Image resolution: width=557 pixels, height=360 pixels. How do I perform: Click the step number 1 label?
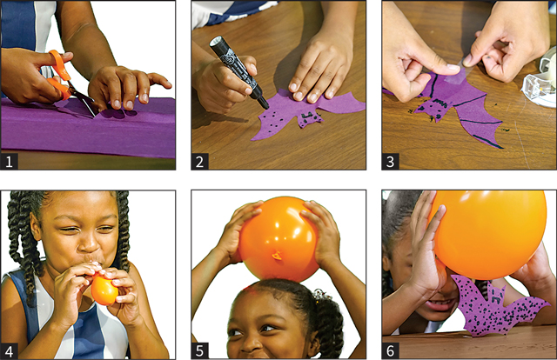pyautogui.click(x=10, y=162)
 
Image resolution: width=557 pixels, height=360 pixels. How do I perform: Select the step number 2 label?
pyautogui.click(x=200, y=162)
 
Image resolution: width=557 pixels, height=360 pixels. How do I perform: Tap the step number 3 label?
pyautogui.click(x=391, y=162)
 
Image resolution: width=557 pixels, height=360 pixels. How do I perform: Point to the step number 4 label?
pyautogui.click(x=10, y=351)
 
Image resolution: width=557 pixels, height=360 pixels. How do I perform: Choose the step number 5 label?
pyautogui.click(x=200, y=351)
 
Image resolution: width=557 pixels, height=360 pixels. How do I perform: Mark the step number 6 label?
pyautogui.click(x=391, y=351)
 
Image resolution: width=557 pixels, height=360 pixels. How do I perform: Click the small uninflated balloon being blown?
pyautogui.click(x=104, y=290)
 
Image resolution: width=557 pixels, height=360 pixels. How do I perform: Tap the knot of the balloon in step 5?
pyautogui.click(x=277, y=255)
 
